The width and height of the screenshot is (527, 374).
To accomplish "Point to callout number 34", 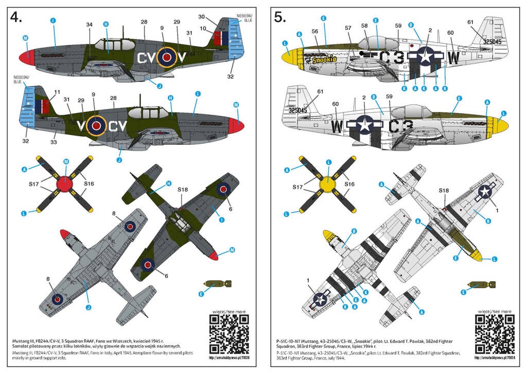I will [90, 25].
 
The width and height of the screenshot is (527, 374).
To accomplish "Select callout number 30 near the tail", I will [202, 17].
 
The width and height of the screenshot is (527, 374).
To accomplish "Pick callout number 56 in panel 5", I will [315, 31].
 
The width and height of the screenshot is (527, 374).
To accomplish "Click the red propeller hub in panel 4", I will [65, 183].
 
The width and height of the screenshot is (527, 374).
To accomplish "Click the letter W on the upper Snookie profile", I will [453, 58].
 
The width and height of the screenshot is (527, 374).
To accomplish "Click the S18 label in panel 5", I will [445, 190].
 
